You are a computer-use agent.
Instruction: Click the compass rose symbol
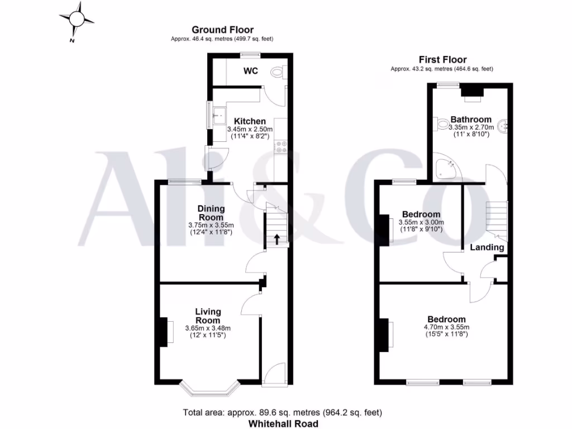point(77,20)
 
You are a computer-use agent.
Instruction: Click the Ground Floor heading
point(222,30)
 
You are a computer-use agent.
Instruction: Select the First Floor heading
point(443,60)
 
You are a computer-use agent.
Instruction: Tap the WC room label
point(250,71)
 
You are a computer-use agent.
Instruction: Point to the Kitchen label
point(250,121)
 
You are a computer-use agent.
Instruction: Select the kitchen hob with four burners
point(280,146)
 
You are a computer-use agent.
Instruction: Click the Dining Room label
point(211,213)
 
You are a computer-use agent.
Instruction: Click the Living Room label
point(208,316)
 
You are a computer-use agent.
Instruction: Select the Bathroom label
point(471,119)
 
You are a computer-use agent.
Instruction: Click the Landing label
point(487,247)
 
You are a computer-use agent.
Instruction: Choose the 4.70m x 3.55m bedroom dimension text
point(446,327)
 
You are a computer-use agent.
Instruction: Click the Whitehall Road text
point(283,424)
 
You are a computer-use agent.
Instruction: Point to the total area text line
point(283,413)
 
